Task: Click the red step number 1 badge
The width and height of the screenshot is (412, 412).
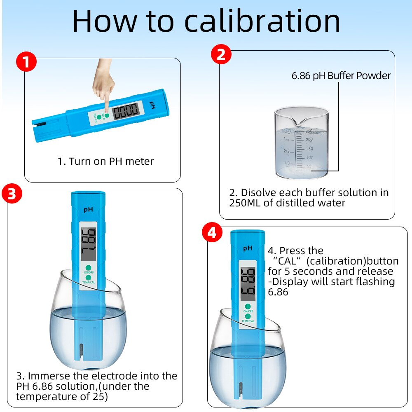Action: click(26, 63)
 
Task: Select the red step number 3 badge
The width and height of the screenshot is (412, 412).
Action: click(12, 194)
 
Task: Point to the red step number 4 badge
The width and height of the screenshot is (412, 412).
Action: click(212, 233)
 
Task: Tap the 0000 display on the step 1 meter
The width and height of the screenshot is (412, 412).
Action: click(126, 111)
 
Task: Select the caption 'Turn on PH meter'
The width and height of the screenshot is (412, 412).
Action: click(105, 161)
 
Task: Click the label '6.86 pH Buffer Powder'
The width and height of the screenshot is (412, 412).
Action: click(341, 76)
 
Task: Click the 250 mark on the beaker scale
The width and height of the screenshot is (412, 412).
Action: click(309, 131)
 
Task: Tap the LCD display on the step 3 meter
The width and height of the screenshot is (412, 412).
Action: click(89, 244)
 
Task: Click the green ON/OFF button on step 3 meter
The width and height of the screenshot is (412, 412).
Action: click(88, 267)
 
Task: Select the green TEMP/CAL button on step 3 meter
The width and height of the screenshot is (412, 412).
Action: click(88, 278)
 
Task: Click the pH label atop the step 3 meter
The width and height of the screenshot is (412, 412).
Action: click(88, 209)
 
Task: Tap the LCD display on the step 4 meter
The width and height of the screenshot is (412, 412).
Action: click(248, 283)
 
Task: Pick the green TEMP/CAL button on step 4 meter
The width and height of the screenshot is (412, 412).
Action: click(248, 316)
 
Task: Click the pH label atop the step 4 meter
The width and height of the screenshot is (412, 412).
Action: click(248, 248)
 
